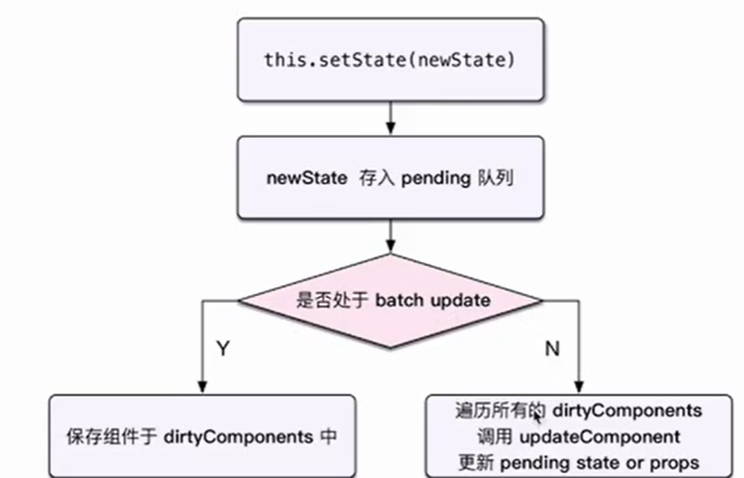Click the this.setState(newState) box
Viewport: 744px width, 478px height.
[389, 59]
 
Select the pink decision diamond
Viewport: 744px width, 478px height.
[389, 300]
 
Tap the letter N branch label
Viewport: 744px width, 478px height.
[552, 348]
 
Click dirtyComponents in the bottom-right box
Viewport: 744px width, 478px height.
[627, 412]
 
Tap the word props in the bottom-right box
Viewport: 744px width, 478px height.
[675, 462]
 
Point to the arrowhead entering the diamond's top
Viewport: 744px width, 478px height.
[389, 249]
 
